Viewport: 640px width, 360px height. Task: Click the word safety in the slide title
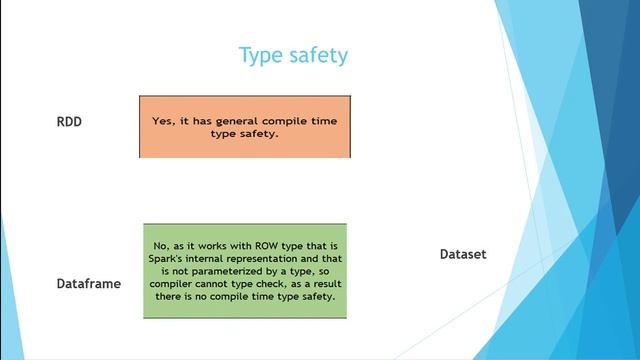tap(317, 55)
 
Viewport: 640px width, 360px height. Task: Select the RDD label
tap(69, 122)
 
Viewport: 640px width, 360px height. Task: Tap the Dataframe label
tap(88, 284)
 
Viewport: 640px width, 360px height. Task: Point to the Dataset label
tap(463, 254)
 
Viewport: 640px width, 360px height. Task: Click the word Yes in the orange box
tap(163, 119)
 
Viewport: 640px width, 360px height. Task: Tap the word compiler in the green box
tap(173, 284)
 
